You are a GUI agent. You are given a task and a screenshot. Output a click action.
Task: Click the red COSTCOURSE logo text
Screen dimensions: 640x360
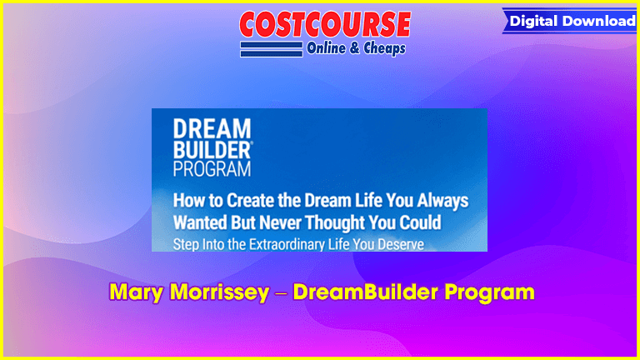click(x=325, y=24)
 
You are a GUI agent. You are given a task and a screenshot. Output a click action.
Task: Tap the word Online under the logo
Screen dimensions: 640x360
click(x=326, y=48)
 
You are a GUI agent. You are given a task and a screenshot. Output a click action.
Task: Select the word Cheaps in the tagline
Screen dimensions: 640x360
click(x=384, y=48)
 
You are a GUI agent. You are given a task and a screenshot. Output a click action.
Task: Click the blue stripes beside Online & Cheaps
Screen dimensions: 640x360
click(x=272, y=49)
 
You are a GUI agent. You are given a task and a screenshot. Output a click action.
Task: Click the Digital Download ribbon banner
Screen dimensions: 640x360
click(x=570, y=21)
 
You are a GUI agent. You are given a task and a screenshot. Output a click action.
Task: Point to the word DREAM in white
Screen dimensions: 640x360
click(x=212, y=128)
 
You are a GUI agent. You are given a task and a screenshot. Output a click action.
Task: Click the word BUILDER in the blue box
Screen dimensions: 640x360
click(x=212, y=150)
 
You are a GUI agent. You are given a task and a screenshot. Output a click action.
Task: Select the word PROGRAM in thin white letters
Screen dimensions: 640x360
click(x=212, y=168)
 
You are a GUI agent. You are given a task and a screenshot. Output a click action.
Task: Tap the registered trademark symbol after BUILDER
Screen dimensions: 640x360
click(x=252, y=143)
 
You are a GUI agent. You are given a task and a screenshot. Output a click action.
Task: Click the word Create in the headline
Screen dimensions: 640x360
click(x=250, y=200)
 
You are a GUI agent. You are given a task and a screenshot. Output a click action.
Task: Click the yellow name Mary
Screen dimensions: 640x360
click(x=137, y=292)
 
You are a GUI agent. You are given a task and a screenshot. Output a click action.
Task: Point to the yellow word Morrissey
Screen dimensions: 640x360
click(x=220, y=292)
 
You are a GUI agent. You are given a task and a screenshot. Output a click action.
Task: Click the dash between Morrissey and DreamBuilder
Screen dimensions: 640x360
click(x=281, y=294)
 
